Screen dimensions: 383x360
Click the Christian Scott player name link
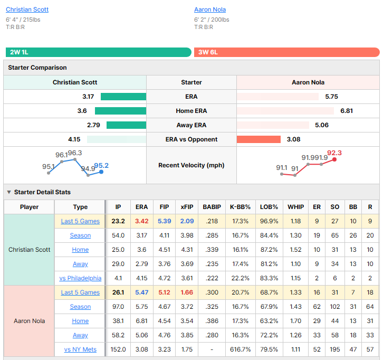point(27,10)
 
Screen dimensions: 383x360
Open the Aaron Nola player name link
point(210,10)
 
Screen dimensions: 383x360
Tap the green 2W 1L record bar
point(99,52)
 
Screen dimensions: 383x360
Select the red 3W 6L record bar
point(287,52)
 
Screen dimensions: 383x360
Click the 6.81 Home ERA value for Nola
point(347,111)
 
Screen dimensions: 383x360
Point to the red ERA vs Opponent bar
point(258,139)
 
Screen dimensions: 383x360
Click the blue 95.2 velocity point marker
point(101,172)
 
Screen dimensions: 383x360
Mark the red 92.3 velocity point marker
point(334,159)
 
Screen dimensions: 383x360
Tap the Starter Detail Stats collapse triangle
point(9,192)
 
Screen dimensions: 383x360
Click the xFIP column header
point(187,207)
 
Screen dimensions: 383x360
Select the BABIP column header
point(212,207)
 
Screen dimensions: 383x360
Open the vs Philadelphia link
point(80,278)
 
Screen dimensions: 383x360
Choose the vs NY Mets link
point(80,349)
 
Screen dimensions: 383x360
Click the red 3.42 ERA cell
point(142,221)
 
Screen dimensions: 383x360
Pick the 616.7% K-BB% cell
point(241,349)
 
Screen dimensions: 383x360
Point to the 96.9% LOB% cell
point(269,221)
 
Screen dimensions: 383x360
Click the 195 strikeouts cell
point(334,349)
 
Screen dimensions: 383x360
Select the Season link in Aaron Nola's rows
point(80,307)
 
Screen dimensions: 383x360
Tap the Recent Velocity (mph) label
point(191,165)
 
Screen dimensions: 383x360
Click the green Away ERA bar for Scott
point(126,125)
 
